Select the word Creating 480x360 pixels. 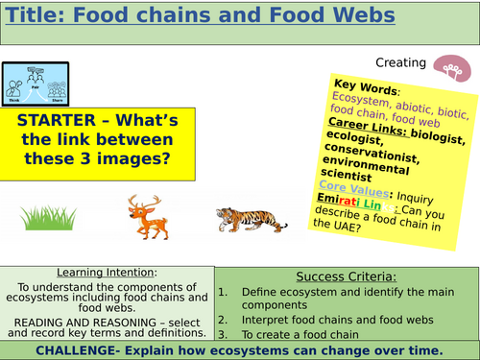(399, 63)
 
